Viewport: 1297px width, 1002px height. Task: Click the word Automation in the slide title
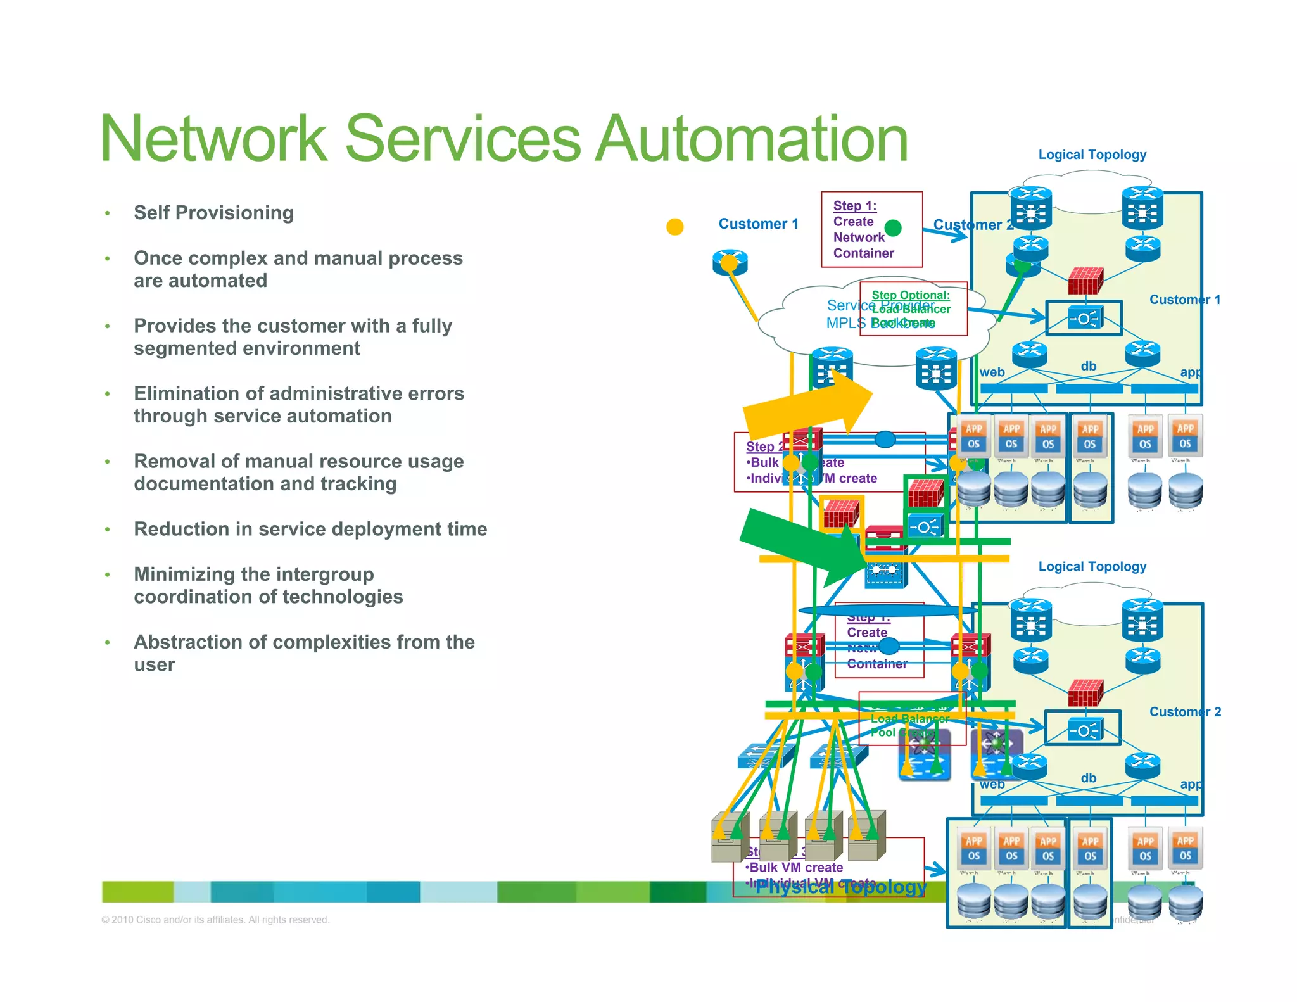tap(752, 139)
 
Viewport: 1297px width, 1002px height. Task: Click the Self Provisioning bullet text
tap(213, 213)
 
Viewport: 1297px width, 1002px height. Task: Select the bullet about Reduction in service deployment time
tap(310, 529)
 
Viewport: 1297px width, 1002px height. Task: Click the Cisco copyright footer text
tap(215, 920)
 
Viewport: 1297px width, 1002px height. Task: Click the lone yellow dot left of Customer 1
tap(675, 227)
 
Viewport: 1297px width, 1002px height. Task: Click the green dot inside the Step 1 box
tap(893, 227)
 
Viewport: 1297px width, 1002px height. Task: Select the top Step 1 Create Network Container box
tap(871, 229)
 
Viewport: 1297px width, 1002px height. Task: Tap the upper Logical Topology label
tap(1092, 155)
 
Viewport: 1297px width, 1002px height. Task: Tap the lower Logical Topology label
tap(1092, 566)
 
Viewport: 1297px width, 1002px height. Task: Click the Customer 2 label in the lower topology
tap(1185, 712)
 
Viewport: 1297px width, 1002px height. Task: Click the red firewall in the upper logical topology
tap(1085, 281)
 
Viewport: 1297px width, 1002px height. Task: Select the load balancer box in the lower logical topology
tap(1083, 729)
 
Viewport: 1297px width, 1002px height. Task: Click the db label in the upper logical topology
tap(1089, 366)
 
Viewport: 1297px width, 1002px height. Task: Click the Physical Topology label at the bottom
tap(841, 887)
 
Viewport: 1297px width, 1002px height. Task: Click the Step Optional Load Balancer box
tap(913, 308)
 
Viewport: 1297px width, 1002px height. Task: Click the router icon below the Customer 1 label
tap(730, 262)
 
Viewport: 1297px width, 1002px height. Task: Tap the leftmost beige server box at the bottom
tap(729, 837)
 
